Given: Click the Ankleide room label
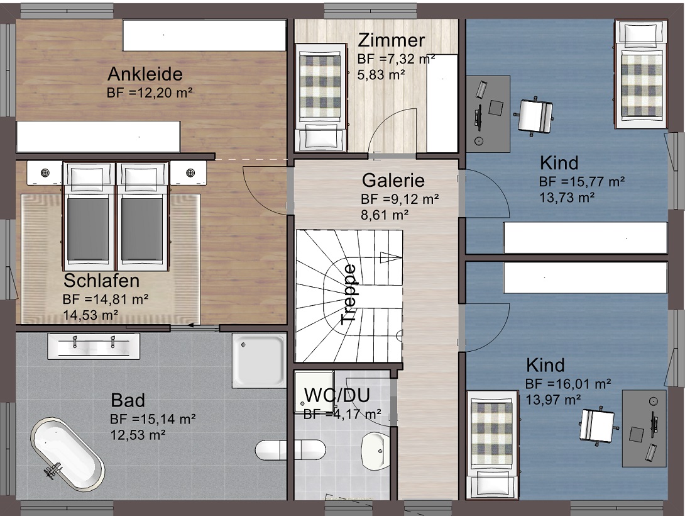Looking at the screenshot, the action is pos(145,74).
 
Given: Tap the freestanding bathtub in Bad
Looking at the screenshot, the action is pos(67,456).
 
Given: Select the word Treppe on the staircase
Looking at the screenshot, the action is pos(349,294).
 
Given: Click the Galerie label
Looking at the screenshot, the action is pos(393,180).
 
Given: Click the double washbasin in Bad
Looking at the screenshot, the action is pos(94,346).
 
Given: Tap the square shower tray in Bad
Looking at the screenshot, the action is pos(259,361).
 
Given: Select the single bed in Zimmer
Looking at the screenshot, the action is pos(321,97).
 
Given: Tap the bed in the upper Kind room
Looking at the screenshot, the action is pos(641,74).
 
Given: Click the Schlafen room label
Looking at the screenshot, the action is pos(101,280).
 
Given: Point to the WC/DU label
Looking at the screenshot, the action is pos(337,395).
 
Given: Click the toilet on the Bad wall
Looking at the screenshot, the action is pos(290,450).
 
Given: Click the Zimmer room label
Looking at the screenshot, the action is pos(391,40).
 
